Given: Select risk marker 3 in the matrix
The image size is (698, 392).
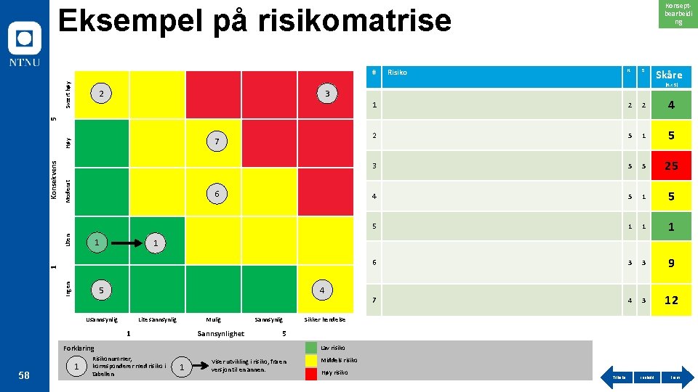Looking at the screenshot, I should [x=328, y=94].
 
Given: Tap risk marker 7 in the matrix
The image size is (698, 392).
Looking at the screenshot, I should [x=217, y=139].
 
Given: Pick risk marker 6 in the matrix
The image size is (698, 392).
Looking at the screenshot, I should [x=217, y=193].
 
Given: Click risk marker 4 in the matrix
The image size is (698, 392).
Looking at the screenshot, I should [x=321, y=290].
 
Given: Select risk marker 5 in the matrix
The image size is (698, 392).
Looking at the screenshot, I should [x=101, y=290].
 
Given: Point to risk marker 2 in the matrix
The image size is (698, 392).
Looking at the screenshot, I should [x=102, y=94].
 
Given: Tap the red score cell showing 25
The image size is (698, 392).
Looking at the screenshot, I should [x=671, y=166].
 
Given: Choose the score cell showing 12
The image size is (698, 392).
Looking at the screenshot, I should [x=671, y=300].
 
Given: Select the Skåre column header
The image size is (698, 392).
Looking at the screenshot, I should [x=669, y=75].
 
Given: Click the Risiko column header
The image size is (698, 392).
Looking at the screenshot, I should [x=397, y=73].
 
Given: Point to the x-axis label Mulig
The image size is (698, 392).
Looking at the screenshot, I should [x=214, y=319].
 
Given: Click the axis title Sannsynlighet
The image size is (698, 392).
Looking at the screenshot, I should [x=221, y=334].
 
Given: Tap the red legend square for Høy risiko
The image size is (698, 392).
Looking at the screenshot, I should [x=311, y=372].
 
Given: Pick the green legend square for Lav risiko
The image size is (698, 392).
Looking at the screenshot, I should [x=311, y=348].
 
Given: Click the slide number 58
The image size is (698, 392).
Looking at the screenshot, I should [x=24, y=375].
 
